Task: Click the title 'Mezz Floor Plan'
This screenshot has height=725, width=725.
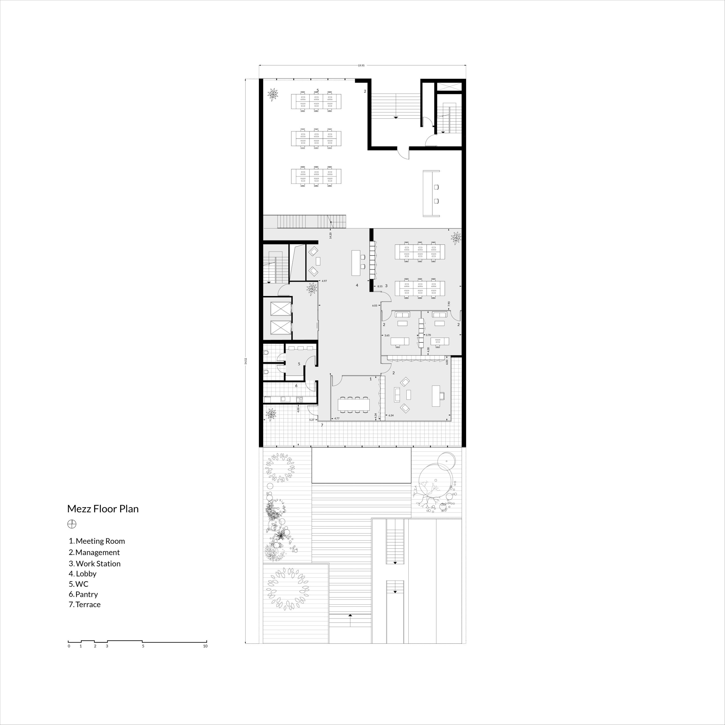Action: click(103, 509)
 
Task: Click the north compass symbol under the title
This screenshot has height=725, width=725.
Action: click(72, 524)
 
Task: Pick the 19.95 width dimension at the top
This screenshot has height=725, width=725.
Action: click(361, 66)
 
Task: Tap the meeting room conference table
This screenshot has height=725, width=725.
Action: click(353, 404)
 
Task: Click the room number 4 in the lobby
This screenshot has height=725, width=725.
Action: click(357, 285)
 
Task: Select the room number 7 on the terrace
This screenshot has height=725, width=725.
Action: click(322, 425)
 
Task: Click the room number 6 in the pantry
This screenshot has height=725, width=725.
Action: click(296, 385)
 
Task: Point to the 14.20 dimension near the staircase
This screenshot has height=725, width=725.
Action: click(330, 235)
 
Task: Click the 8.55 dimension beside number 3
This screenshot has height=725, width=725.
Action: click(380, 286)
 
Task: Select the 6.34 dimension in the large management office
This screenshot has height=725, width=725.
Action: click(391, 415)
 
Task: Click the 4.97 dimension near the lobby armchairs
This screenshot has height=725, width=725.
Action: click(324, 281)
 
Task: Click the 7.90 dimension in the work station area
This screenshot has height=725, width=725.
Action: click(449, 304)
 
